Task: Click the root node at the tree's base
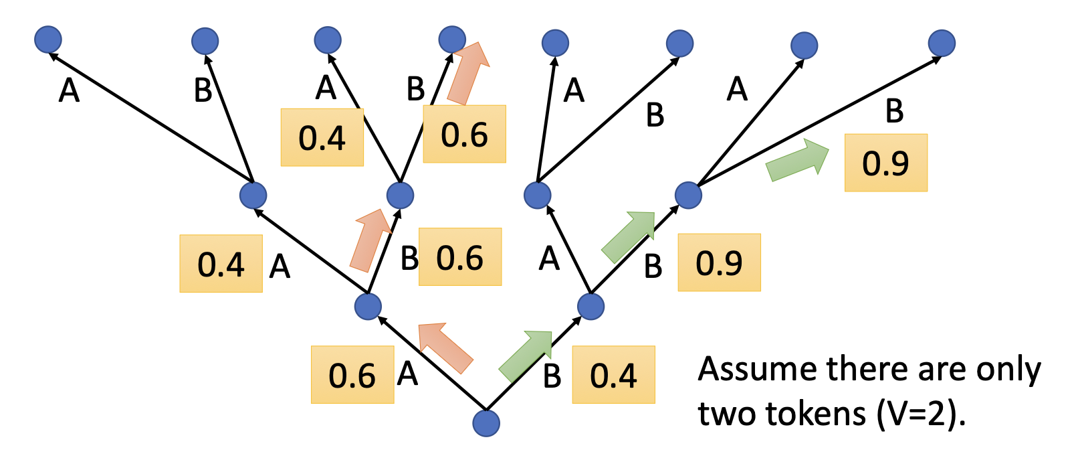486,423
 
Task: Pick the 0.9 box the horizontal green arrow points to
885,163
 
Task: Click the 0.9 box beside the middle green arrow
719,262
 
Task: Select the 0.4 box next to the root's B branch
613,375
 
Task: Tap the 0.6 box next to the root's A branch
352,375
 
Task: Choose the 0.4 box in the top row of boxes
322,137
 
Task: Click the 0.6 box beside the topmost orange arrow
465,134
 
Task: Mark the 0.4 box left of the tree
221,264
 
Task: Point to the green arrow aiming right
796,161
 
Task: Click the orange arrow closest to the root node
444,347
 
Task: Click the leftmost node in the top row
48,40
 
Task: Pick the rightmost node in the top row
942,43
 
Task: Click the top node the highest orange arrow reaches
452,40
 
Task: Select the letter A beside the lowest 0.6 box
407,374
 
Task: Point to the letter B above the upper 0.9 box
894,112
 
